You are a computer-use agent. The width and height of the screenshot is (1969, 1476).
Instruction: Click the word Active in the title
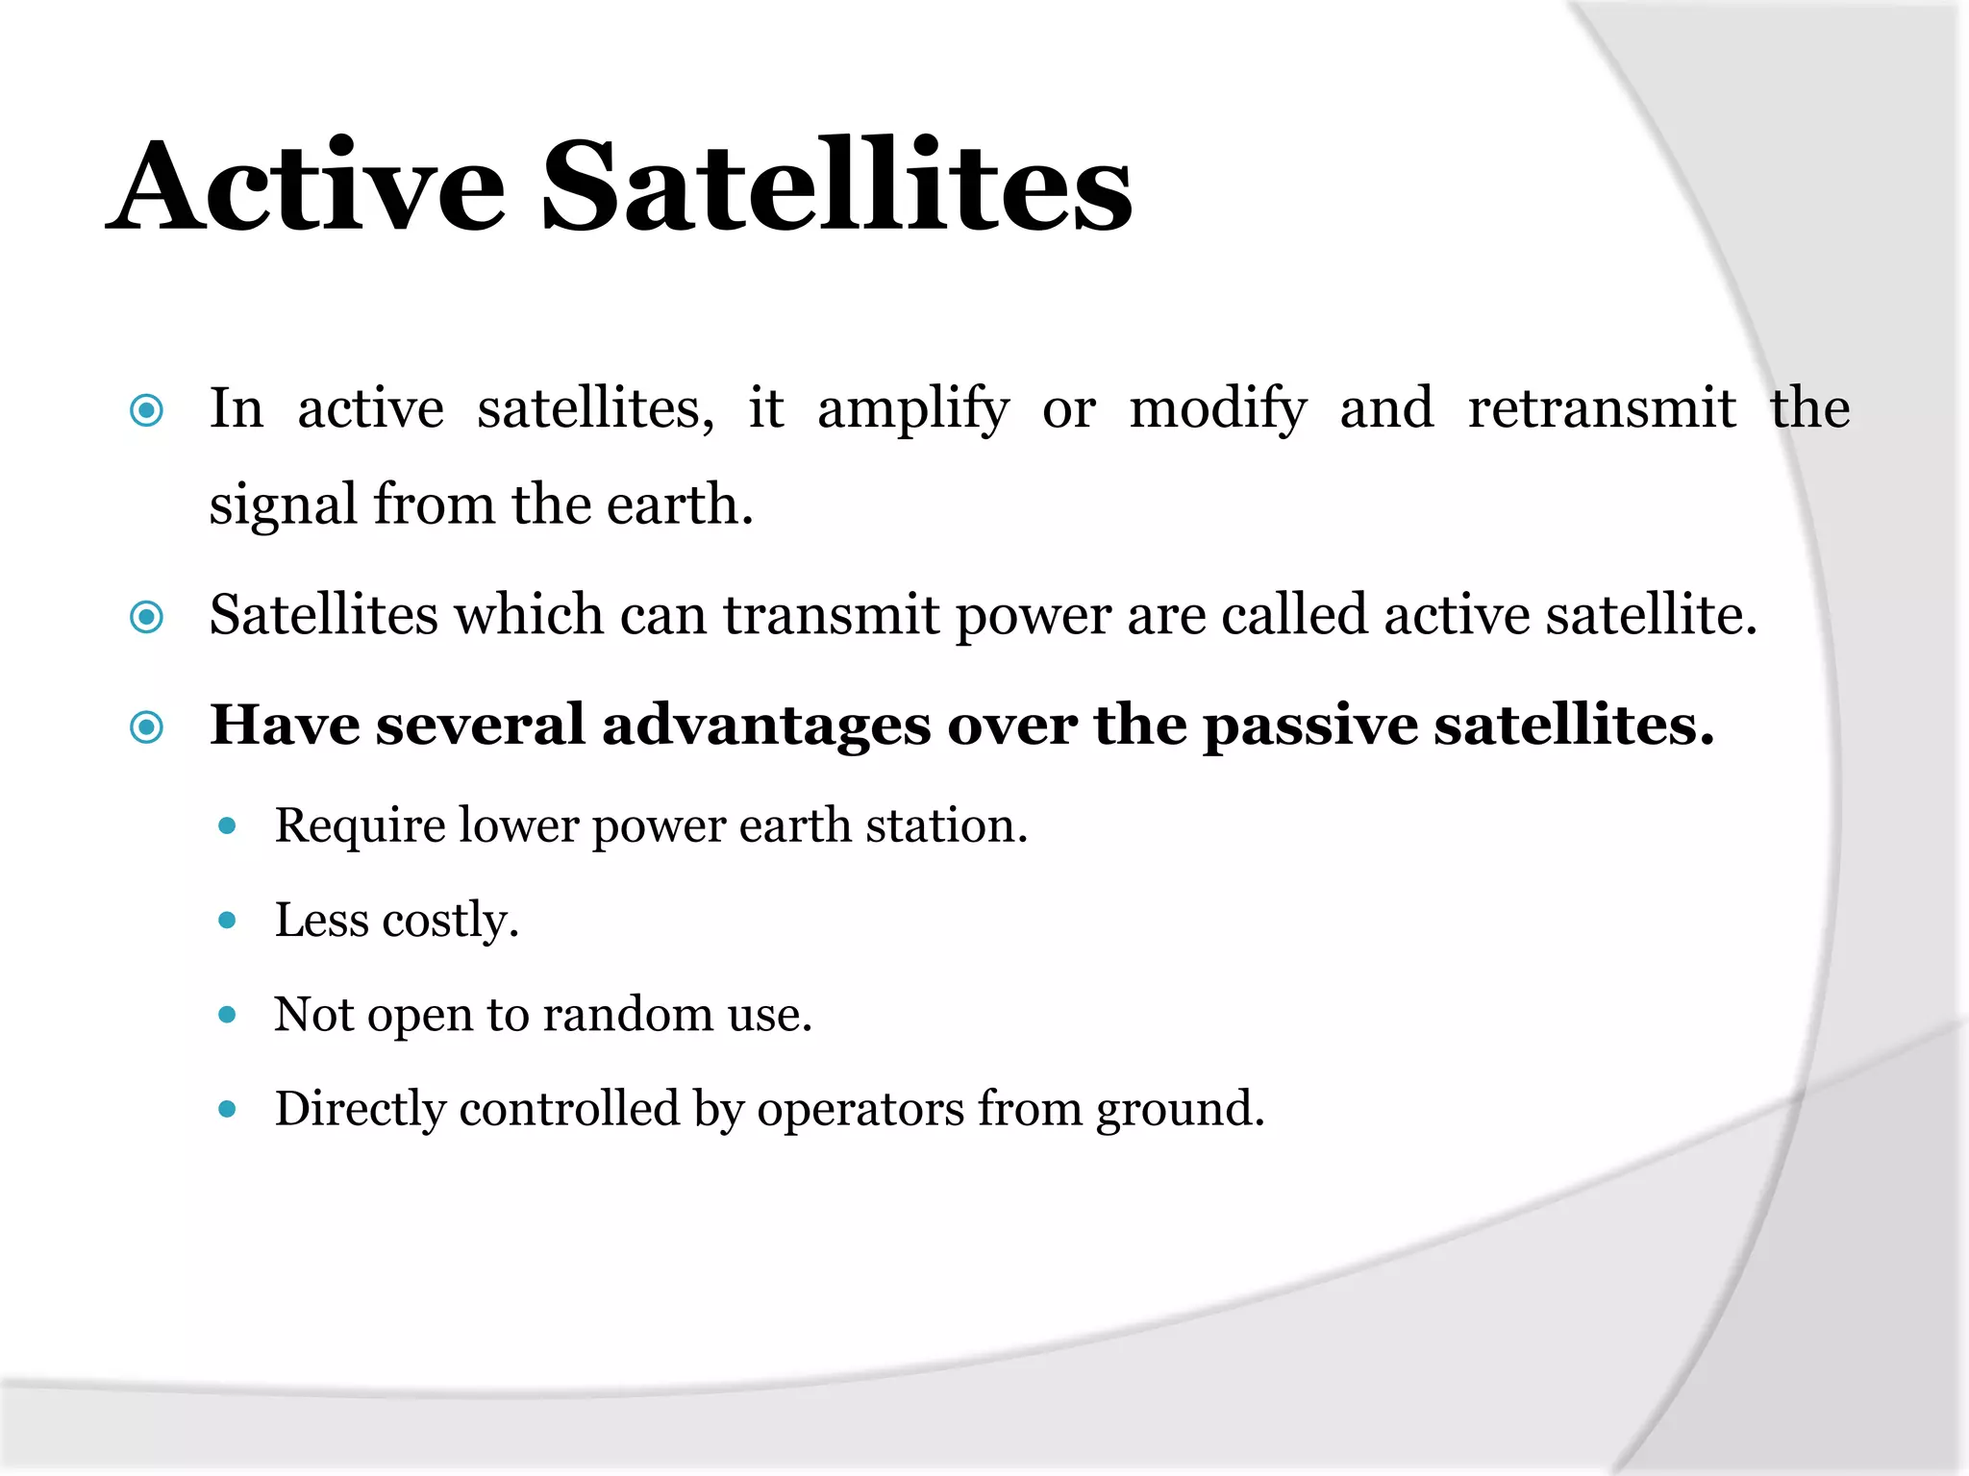[306, 186]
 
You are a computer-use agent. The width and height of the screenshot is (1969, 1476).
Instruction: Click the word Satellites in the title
[836, 186]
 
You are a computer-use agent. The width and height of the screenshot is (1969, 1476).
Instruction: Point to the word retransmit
[1602, 408]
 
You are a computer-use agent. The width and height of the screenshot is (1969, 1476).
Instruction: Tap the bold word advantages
[766, 726]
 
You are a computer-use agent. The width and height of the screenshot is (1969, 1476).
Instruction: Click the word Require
[360, 826]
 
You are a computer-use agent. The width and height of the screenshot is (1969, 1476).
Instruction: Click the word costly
[450, 922]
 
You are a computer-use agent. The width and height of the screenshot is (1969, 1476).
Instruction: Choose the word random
[627, 1015]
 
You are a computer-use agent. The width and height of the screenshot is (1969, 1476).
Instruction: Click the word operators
[860, 1110]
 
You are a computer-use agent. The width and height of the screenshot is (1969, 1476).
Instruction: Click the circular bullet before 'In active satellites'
[146, 411]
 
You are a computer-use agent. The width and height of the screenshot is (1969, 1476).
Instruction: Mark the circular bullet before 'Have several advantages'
[146, 727]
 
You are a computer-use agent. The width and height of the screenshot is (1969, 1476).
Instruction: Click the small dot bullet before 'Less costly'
[228, 921]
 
